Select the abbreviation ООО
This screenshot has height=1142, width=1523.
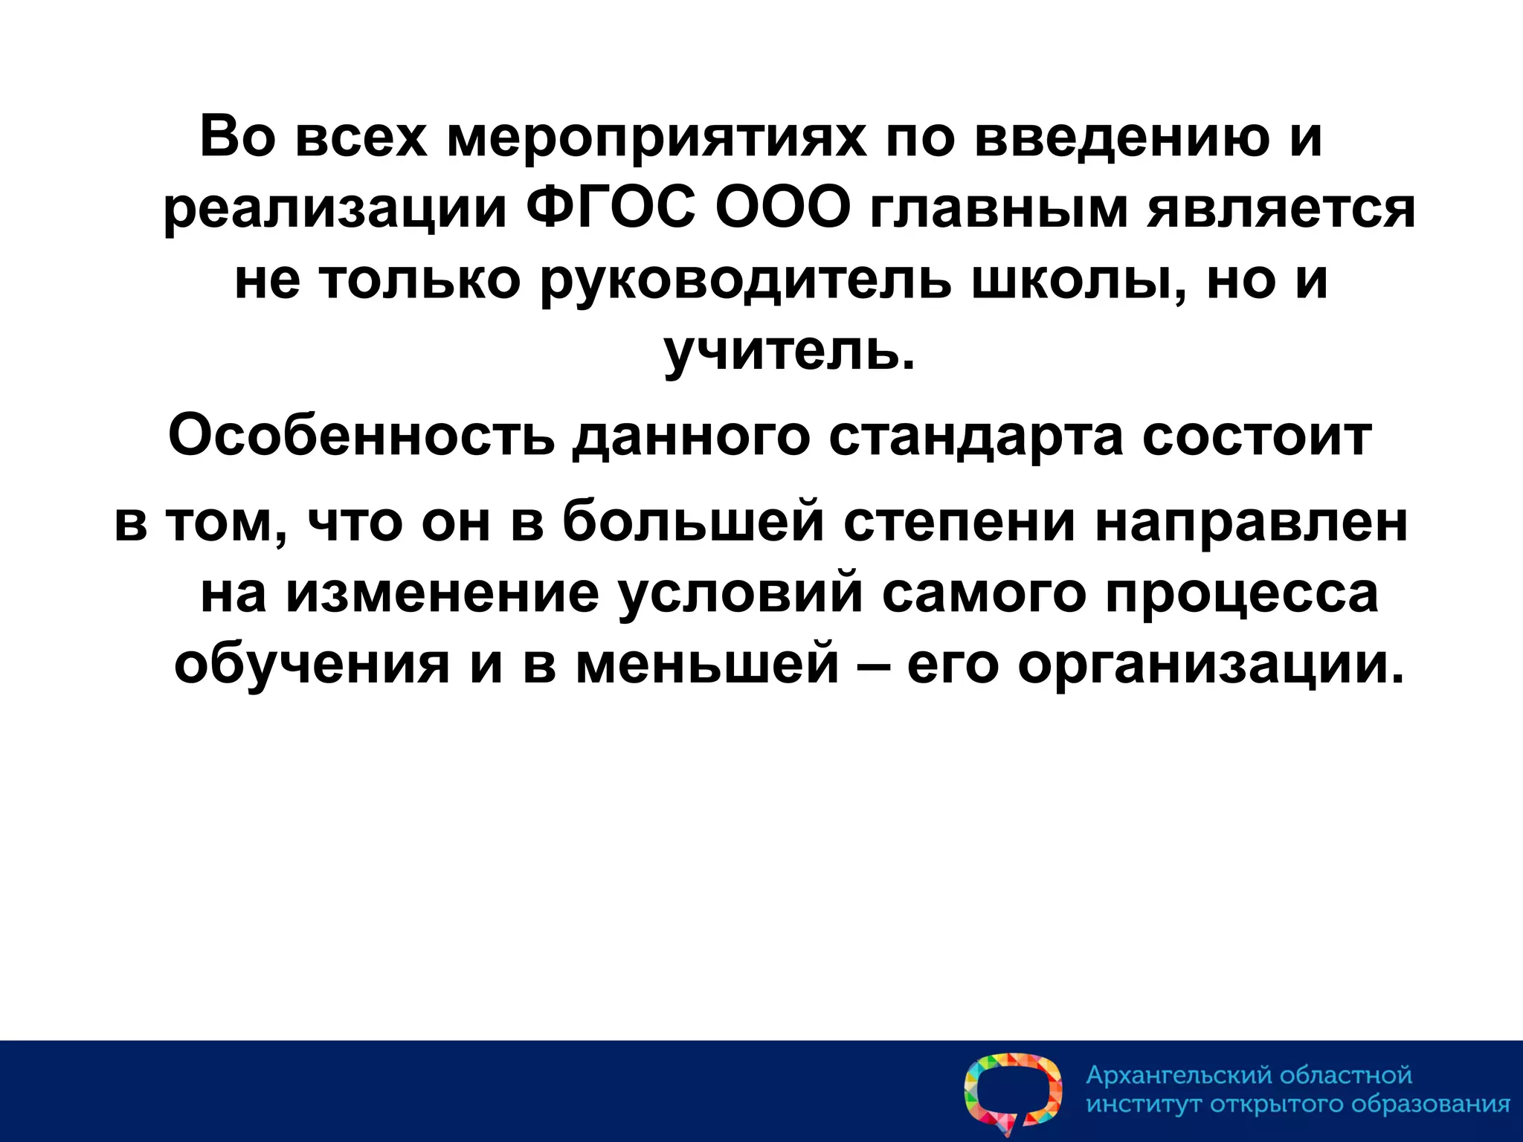pyautogui.click(x=782, y=210)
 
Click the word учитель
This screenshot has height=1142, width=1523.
pyautogui.click(x=788, y=353)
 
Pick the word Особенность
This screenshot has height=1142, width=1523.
pyautogui.click(x=361, y=437)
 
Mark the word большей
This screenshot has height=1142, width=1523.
pyautogui.click(x=693, y=522)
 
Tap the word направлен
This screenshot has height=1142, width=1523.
pyautogui.click(x=1252, y=522)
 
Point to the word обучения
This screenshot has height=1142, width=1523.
pyautogui.click(x=312, y=664)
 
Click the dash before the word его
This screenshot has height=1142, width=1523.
pyautogui.click(x=873, y=664)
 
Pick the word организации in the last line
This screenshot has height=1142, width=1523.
pyautogui.click(x=1212, y=664)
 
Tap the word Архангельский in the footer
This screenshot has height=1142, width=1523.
pyautogui.click(x=1179, y=1076)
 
